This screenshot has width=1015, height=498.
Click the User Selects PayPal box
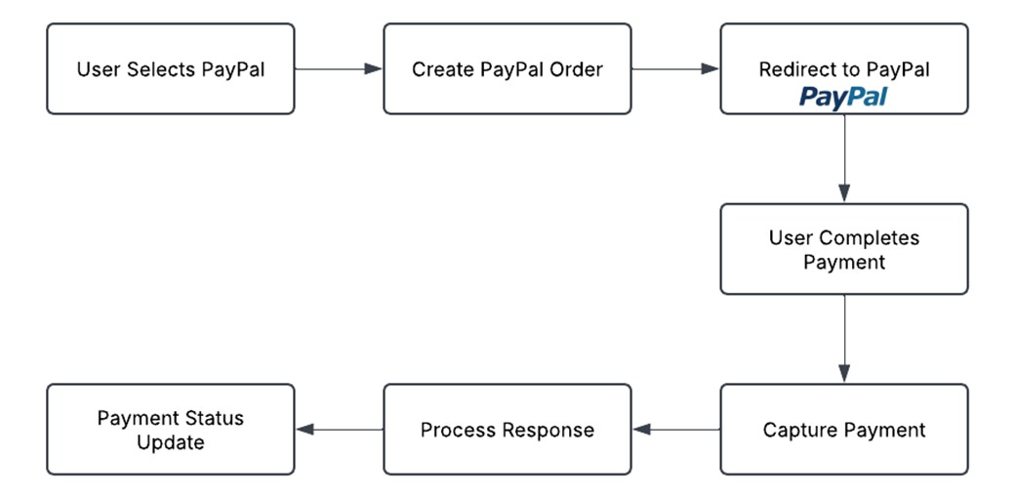(170, 69)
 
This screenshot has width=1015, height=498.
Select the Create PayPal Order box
(507, 69)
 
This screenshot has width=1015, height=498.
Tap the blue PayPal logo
(843, 97)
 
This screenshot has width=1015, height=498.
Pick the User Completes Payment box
(843, 249)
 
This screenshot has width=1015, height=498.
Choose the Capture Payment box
(843, 430)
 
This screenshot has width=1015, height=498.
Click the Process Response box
(507, 430)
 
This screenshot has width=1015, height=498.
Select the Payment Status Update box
(170, 430)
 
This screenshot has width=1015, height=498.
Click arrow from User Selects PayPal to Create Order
(338, 69)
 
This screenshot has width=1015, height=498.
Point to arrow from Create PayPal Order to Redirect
(674, 69)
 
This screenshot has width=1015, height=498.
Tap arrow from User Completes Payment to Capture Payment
(844, 338)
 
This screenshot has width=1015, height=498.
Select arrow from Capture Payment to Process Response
(675, 430)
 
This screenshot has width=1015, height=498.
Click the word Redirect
(794, 70)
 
